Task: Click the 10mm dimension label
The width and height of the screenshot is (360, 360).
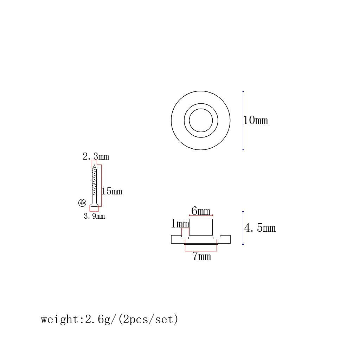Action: pos(256,120)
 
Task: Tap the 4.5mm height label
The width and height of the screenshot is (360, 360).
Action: pos(260,228)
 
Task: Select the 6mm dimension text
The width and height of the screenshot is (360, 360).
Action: pos(201,211)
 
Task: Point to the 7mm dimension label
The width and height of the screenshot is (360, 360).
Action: pos(201,256)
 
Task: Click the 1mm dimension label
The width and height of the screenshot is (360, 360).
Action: pos(180,223)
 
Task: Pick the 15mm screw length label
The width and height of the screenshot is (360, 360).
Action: pos(112,191)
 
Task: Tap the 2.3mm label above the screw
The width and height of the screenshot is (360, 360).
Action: pos(96,156)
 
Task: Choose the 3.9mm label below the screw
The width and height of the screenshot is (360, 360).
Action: pos(94,216)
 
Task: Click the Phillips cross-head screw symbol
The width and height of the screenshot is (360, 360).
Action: pos(82,203)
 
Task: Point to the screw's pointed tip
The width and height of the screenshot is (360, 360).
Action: pos(94,166)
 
